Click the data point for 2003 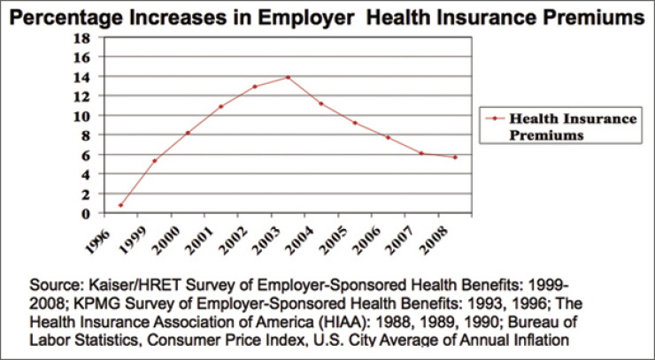click(288, 77)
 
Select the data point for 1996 click(120, 205)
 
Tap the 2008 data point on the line click(455, 157)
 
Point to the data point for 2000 click(188, 133)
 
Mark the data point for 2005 click(355, 123)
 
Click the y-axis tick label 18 click(81, 38)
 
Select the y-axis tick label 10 click(81, 116)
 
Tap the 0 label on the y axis click(86, 214)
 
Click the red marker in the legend click(495, 119)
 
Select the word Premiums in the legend click(546, 135)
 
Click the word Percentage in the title click(63, 18)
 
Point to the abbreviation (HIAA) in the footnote click(385, 322)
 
